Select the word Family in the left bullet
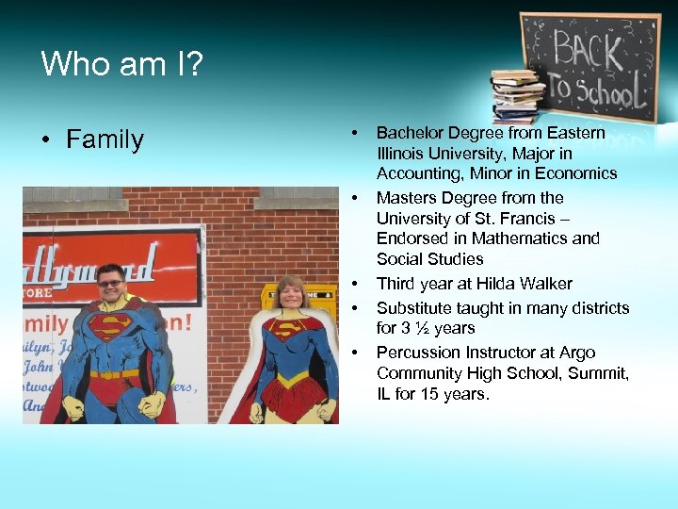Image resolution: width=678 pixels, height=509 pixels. [x=105, y=140]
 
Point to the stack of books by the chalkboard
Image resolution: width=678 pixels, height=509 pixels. [x=517, y=95]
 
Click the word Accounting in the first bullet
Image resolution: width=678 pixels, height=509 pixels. [x=415, y=173]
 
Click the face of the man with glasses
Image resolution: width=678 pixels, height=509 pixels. [x=111, y=283]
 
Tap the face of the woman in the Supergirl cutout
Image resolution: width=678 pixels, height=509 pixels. [x=290, y=293]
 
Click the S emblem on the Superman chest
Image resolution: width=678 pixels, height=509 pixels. [x=110, y=326]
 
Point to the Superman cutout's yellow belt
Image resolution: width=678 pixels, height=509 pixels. [x=114, y=374]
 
